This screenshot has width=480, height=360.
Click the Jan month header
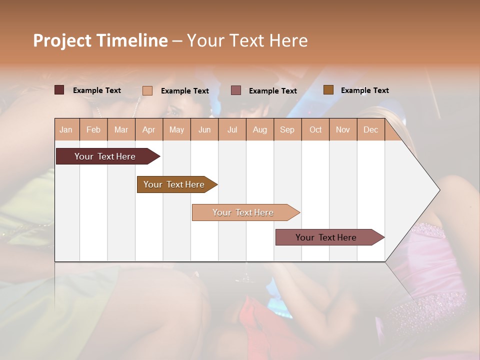click(x=66, y=129)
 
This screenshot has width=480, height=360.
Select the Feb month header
click(x=93, y=129)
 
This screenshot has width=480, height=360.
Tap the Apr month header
click(x=148, y=129)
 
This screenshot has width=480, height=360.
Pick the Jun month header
click(x=204, y=129)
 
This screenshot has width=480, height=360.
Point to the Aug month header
click(x=259, y=129)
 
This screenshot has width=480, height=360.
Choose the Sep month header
click(x=287, y=129)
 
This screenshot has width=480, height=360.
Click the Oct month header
click(x=315, y=129)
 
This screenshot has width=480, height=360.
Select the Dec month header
click(x=370, y=129)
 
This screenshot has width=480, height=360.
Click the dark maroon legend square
click(x=59, y=90)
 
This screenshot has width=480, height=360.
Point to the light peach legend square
click(x=147, y=90)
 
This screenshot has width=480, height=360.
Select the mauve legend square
click(x=236, y=90)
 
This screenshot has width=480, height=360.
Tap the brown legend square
click(x=328, y=90)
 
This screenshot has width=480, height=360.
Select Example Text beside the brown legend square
click(x=364, y=90)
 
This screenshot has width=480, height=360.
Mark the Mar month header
click(x=121, y=129)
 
